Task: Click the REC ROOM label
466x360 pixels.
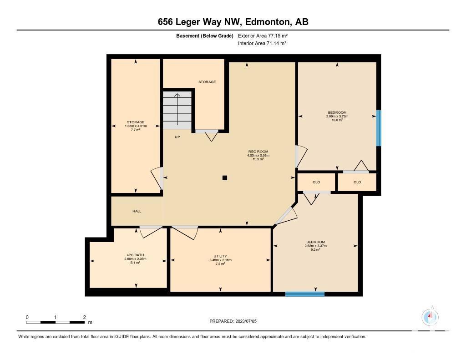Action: [x=258, y=151]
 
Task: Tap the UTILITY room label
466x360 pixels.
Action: [x=220, y=256]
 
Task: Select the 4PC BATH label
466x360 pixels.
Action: [x=135, y=255]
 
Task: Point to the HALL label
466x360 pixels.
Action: [x=137, y=211]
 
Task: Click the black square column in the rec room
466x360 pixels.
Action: [x=225, y=178]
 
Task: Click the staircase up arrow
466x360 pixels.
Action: [x=177, y=109]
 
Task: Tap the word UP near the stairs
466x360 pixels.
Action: [x=177, y=137]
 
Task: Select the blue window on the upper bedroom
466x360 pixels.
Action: [x=379, y=128]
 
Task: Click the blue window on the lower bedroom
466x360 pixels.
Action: [x=304, y=294]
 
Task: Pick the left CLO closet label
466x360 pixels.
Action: [x=316, y=182]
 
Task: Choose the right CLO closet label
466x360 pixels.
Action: [x=357, y=182]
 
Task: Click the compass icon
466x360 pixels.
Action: [x=430, y=317]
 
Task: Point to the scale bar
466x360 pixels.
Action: [x=55, y=322]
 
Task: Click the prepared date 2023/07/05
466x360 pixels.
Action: [x=246, y=321]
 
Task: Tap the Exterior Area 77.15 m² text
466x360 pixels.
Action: [x=263, y=35]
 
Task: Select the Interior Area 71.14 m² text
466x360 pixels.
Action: [x=262, y=43]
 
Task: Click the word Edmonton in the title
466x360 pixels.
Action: [x=267, y=22]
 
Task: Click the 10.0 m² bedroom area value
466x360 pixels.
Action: [x=337, y=120]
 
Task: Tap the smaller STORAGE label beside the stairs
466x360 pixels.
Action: [x=207, y=82]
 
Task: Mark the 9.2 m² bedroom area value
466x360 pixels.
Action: [x=316, y=250]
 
